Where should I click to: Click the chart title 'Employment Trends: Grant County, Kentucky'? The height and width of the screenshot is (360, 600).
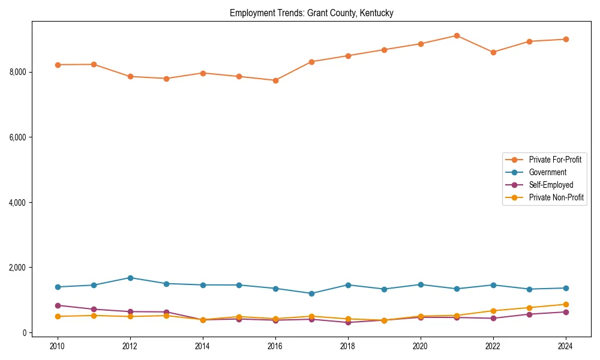click(x=311, y=13)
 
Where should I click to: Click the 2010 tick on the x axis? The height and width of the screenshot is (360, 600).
click(x=58, y=346)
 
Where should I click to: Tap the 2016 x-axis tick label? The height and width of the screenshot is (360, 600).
click(x=275, y=346)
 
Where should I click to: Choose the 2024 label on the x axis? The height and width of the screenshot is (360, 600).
click(x=565, y=346)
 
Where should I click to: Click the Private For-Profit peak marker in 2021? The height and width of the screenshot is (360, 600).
click(x=457, y=35)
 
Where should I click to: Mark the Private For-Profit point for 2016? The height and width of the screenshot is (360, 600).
click(x=275, y=80)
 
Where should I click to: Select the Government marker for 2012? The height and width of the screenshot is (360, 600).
click(x=130, y=278)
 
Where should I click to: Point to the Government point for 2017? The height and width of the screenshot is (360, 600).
click(x=311, y=293)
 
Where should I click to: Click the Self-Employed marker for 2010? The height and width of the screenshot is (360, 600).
click(x=58, y=305)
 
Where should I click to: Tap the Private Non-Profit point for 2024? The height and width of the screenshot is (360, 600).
click(x=565, y=304)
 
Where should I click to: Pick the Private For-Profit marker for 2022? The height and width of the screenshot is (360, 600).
click(x=493, y=52)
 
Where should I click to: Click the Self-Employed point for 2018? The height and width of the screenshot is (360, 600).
click(x=348, y=322)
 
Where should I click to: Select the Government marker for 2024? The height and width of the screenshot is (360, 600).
click(x=565, y=288)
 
